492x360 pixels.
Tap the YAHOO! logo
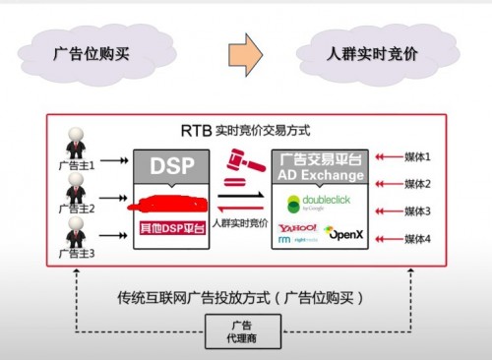pyautogui.click(x=297, y=229)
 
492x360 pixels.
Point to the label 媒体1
pyautogui.click(x=418, y=157)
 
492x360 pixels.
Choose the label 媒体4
pyautogui.click(x=418, y=239)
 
